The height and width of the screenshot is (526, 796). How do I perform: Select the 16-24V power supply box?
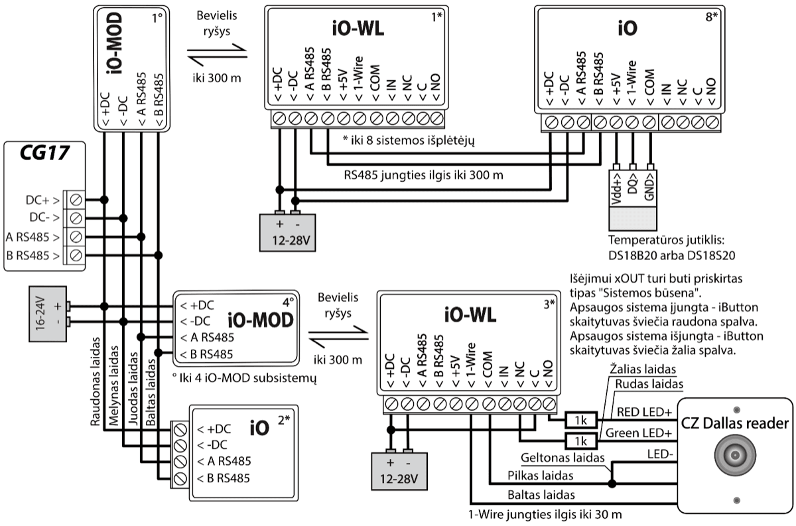44,315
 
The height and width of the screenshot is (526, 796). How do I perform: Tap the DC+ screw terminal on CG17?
76,199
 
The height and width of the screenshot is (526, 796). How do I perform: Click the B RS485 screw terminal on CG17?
76,255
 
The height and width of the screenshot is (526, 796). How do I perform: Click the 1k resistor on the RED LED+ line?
581,420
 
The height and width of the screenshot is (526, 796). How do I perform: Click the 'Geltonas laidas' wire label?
563,458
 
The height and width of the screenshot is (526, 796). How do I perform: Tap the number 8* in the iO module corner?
712,17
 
